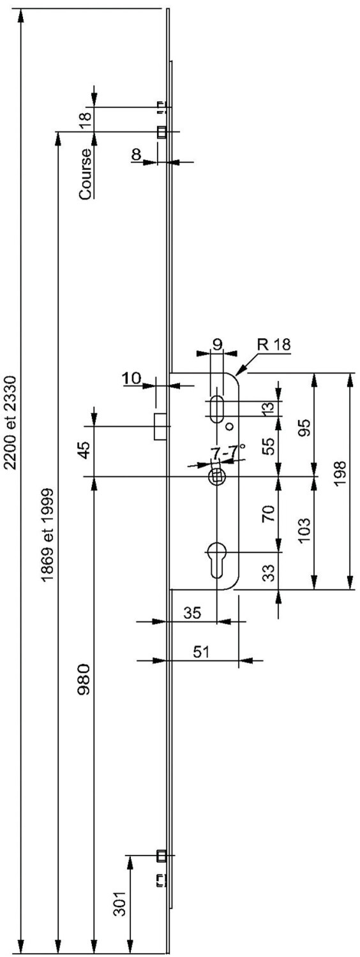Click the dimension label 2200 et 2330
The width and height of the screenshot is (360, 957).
(x=10, y=422)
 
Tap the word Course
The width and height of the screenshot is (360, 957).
(x=86, y=174)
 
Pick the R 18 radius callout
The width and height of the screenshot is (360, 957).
(x=275, y=345)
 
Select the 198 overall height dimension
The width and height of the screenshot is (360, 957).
(x=340, y=473)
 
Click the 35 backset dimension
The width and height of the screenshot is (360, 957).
(x=192, y=612)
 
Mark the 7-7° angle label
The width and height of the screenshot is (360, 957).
(x=229, y=452)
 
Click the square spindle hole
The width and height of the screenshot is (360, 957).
(x=217, y=476)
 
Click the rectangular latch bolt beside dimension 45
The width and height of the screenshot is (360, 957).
(x=160, y=426)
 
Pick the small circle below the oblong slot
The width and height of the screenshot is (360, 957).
(x=230, y=426)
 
